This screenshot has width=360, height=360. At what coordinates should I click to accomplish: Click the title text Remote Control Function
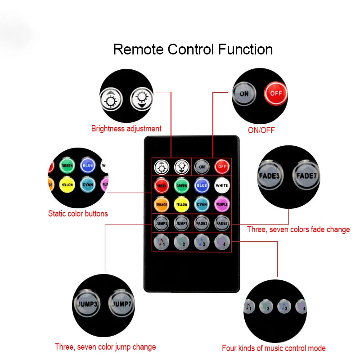[193, 49]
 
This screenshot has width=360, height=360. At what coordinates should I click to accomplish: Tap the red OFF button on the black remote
[221, 166]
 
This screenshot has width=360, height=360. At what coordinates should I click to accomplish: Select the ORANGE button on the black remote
[161, 204]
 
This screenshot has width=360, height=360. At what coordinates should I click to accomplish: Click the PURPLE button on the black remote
[221, 204]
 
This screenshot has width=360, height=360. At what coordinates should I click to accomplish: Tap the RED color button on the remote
[161, 185]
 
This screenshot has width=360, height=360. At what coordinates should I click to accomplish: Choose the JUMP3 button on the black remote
[161, 222]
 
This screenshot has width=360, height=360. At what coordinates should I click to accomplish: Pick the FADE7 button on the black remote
[221, 222]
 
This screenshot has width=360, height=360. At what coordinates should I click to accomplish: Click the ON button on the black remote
[202, 166]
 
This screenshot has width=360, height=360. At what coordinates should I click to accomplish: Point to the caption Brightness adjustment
[126, 129]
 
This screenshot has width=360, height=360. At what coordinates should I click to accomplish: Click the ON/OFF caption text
[261, 130]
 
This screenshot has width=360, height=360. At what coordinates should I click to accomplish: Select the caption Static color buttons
[78, 213]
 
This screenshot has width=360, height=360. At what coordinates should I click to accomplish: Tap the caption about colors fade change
[298, 229]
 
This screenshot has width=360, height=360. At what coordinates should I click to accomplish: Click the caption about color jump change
[105, 347]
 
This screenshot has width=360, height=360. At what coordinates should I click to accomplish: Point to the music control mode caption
[274, 348]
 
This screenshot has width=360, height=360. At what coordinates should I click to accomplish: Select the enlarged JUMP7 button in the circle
[121, 304]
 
